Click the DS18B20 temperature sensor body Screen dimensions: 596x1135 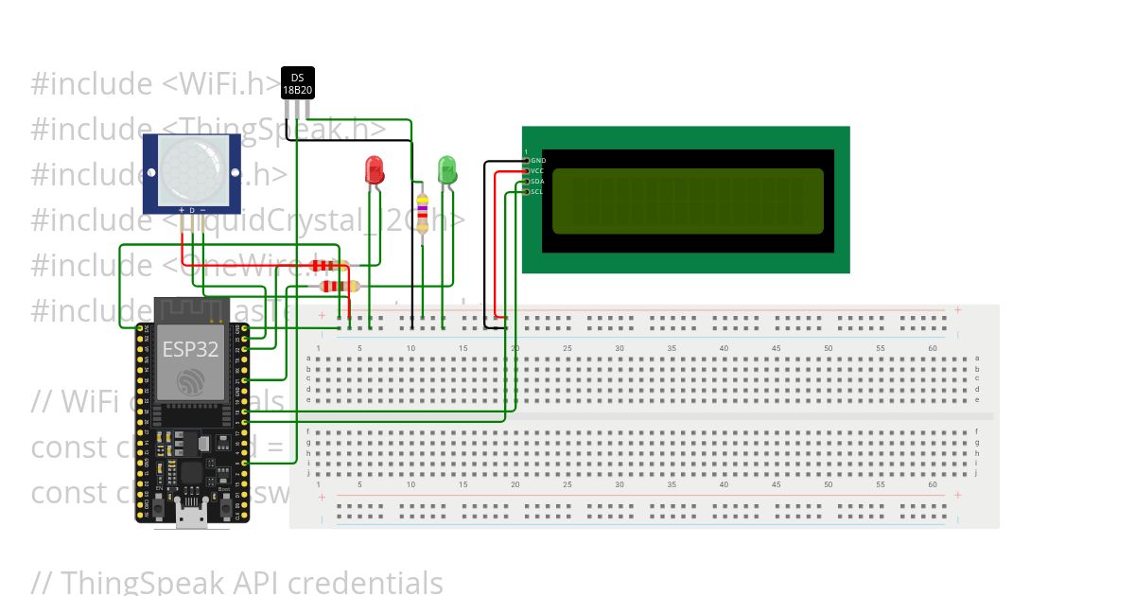(x=297, y=83)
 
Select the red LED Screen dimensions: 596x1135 (x=375, y=171)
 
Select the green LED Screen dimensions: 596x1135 (x=447, y=171)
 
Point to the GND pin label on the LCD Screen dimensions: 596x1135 (x=537, y=161)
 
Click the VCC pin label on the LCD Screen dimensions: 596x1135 (x=537, y=171)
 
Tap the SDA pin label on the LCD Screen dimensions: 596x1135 (x=537, y=182)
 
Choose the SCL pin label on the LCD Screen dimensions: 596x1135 (x=537, y=192)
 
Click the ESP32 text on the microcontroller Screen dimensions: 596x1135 (x=190, y=349)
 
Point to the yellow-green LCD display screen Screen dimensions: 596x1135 (x=688, y=201)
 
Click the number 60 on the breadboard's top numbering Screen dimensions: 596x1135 (x=933, y=349)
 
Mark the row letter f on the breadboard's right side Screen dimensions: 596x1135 (x=977, y=431)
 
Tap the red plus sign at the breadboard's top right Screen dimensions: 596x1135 (x=957, y=309)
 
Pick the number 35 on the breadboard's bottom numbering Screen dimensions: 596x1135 (x=672, y=484)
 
